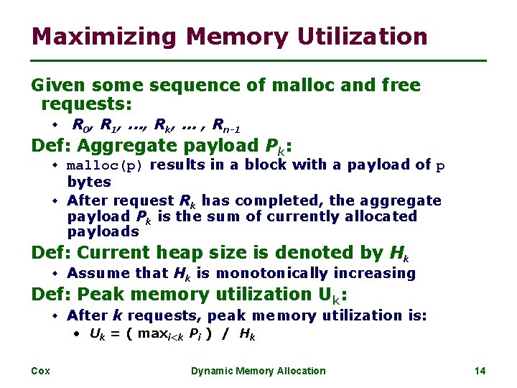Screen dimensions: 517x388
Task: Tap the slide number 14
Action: click(480, 371)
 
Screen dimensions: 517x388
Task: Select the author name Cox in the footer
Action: click(40, 371)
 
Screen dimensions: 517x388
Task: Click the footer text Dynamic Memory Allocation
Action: click(258, 371)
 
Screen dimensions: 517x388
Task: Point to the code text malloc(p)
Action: click(106, 166)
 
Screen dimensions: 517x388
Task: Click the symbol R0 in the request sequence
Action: click(81, 126)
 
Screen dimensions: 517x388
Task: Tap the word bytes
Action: click(89, 182)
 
